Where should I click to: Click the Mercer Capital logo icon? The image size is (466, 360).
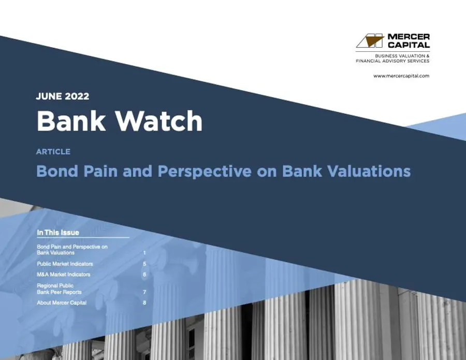[370, 41]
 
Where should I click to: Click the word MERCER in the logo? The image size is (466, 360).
[409, 37]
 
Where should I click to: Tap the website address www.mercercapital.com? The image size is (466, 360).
[401, 76]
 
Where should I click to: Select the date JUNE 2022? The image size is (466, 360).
[63, 96]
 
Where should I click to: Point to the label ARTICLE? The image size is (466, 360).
[53, 152]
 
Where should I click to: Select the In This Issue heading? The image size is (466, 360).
[58, 233]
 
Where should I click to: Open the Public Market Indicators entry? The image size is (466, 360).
[65, 264]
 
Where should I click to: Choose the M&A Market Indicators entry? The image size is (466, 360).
[63, 275]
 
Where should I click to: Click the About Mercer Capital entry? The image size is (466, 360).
[62, 303]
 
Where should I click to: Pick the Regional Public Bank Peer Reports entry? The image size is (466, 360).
[59, 289]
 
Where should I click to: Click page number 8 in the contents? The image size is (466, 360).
[144, 303]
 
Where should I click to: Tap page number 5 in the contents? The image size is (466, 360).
[144, 264]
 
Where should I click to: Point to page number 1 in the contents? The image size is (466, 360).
[144, 253]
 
